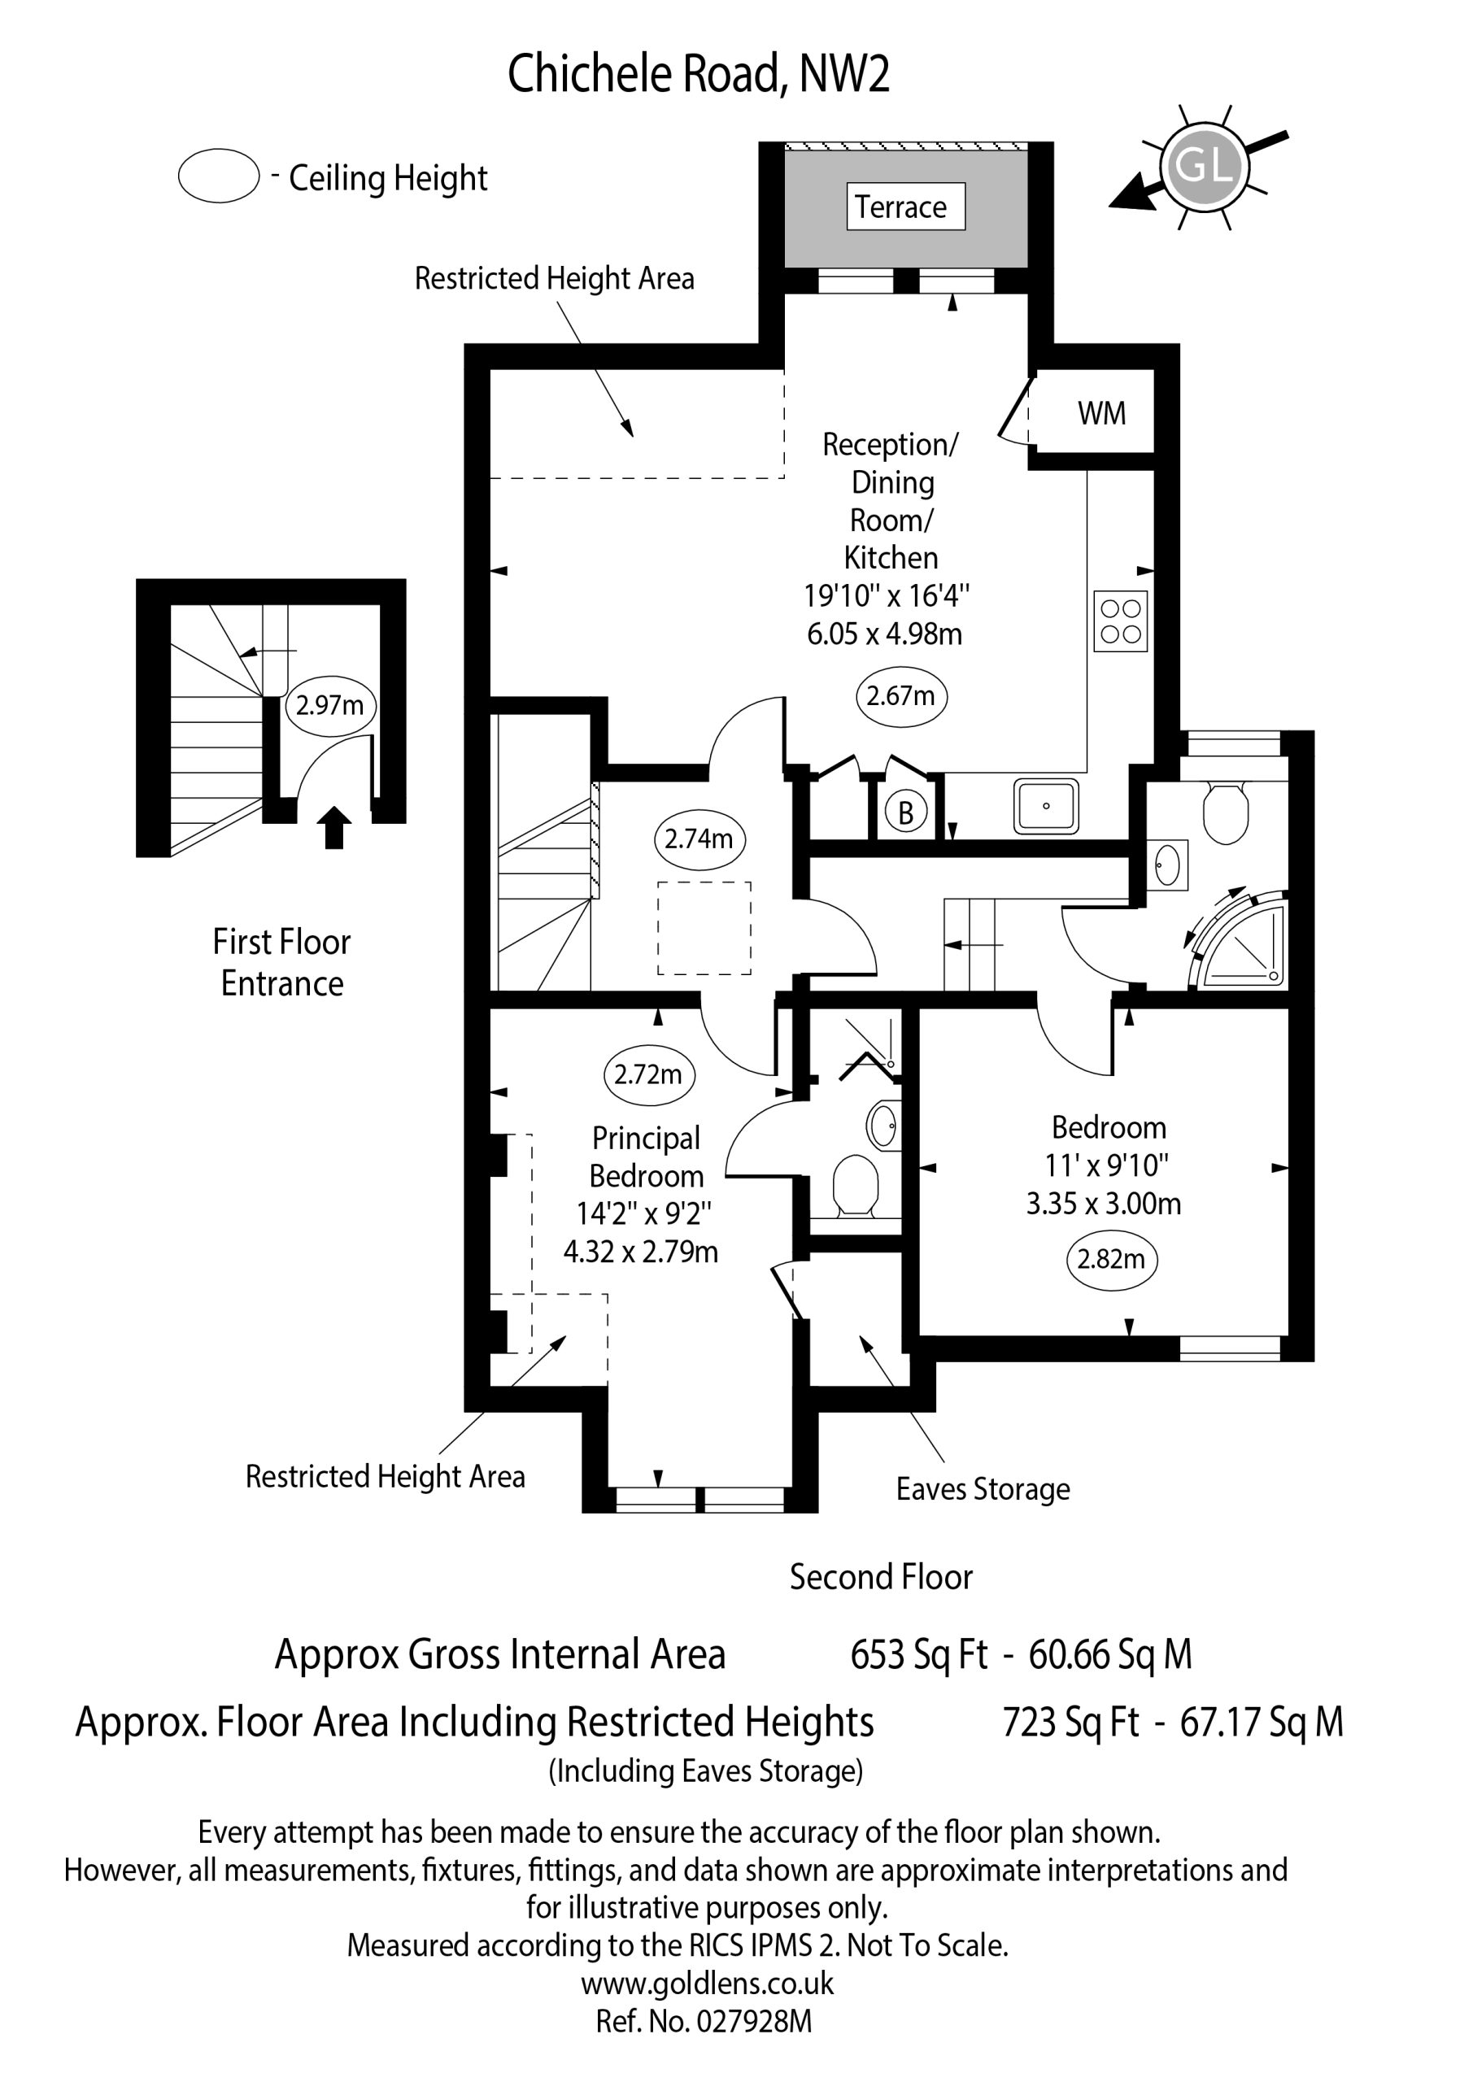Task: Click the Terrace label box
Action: click(905, 207)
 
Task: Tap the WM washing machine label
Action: click(1102, 413)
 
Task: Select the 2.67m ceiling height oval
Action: click(900, 696)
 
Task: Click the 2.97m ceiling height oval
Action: click(330, 704)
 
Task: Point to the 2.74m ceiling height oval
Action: click(699, 838)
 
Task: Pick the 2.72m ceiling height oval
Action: click(648, 1074)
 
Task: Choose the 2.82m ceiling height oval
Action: click(1111, 1260)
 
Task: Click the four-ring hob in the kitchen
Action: click(1121, 621)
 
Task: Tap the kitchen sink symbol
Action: click(1047, 805)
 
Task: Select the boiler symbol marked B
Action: click(905, 813)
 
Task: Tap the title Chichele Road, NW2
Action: click(699, 74)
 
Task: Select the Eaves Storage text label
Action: click(983, 1489)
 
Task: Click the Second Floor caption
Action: click(881, 1577)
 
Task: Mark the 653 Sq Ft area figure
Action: click(919, 1655)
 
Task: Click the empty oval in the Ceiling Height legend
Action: click(219, 176)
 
